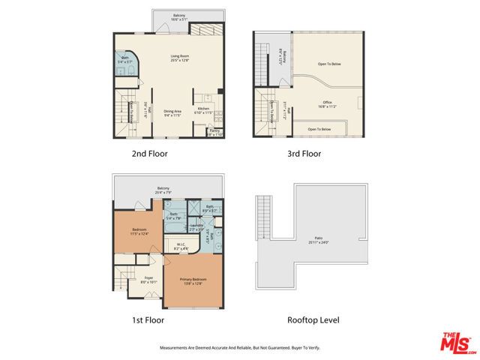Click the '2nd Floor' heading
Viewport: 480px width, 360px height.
click(149, 154)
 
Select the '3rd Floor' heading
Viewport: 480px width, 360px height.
click(304, 154)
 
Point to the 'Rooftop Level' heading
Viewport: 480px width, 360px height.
click(313, 320)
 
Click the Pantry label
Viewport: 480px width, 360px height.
click(214, 132)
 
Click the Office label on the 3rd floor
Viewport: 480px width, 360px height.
click(327, 104)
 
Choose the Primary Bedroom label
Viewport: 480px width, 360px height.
click(193, 281)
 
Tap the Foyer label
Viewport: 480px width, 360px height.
click(148, 280)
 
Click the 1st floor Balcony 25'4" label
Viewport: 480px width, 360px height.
click(163, 190)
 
